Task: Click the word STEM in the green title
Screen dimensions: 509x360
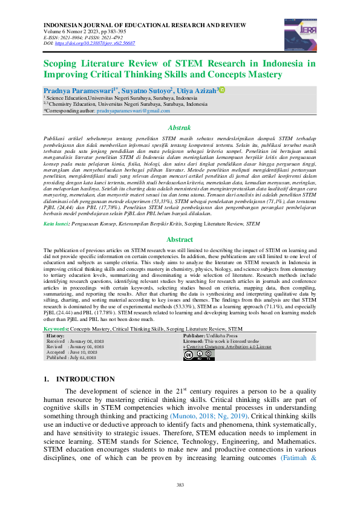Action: [x=189, y=63]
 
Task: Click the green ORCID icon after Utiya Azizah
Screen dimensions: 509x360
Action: [x=221, y=89]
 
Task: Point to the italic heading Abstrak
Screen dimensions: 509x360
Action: [x=179, y=128]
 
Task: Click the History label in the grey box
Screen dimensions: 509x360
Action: [x=56, y=334]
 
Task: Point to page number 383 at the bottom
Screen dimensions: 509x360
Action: [x=180, y=485]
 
